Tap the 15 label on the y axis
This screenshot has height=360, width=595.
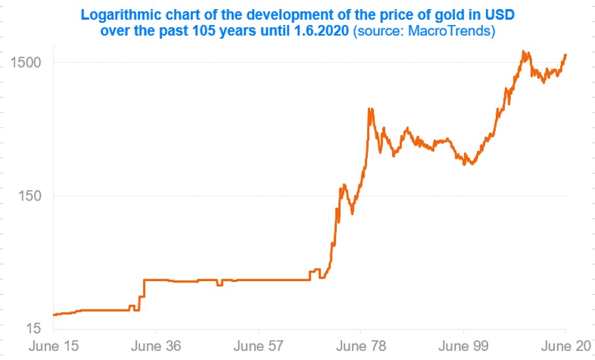[x=34, y=328]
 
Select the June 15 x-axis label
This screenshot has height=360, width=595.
[x=53, y=346]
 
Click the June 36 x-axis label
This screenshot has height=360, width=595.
[x=156, y=346]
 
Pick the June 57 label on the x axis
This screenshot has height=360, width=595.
[x=258, y=346]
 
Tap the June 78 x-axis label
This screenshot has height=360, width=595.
[x=361, y=346]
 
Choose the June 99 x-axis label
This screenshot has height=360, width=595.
[x=463, y=346]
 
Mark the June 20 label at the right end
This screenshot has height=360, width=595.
[x=565, y=346]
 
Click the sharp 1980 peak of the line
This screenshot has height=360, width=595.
[x=370, y=109]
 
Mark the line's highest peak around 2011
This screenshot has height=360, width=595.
[x=523, y=51]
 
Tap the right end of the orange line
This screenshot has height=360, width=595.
[x=565, y=55]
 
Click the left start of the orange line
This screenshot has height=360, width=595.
[x=54, y=315]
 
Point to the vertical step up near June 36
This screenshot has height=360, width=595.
[x=143, y=293]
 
